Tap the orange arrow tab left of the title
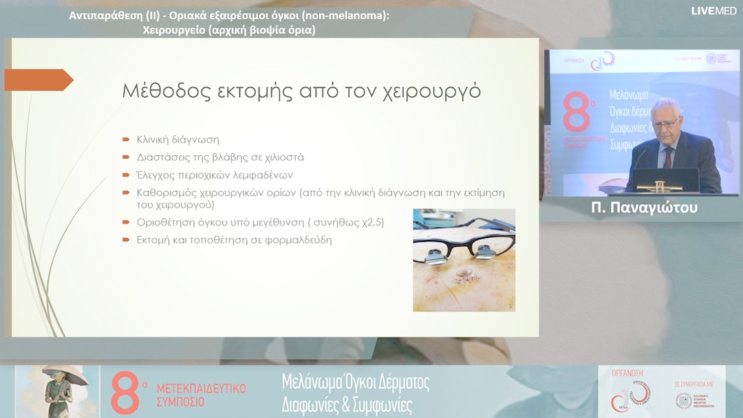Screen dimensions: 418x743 click(39, 80)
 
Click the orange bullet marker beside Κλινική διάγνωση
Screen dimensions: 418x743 click(126, 140)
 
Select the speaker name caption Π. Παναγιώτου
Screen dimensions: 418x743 click(644, 207)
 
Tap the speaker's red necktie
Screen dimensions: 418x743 click(667, 157)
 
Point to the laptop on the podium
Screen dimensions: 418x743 click(666, 180)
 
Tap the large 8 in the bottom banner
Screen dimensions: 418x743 click(126, 392)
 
